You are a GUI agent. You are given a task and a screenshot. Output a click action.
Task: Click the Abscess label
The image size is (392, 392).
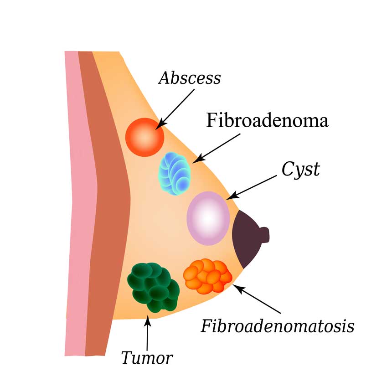(x=190, y=78)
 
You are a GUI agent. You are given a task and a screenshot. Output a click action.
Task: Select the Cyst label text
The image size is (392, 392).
(x=301, y=170)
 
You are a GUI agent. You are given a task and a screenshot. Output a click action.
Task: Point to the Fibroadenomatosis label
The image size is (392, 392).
(x=278, y=326)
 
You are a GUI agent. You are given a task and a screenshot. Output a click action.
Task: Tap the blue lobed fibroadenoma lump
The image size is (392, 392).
(x=175, y=174)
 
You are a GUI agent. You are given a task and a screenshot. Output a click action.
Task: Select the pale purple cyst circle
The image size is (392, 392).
(x=208, y=218)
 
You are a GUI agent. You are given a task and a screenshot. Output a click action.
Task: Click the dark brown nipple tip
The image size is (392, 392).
(x=264, y=234)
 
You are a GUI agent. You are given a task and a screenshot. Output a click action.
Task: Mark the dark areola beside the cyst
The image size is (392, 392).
(x=244, y=239)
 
